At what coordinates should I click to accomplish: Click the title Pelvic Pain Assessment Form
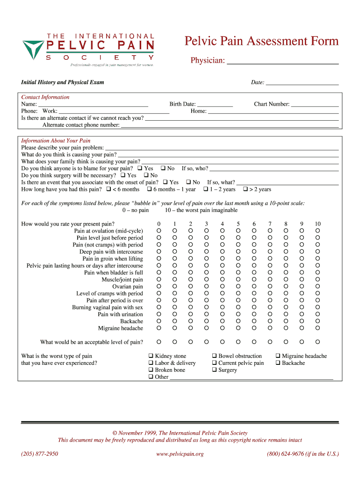tap(261, 42)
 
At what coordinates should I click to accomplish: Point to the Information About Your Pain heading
tap(56, 141)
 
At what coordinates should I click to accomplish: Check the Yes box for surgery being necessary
tap(122, 175)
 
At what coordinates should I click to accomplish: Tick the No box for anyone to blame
tap(164, 168)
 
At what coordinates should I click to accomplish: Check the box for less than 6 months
tap(108, 189)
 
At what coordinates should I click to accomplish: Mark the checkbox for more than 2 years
tap(245, 189)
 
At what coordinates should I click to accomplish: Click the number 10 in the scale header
tap(317, 224)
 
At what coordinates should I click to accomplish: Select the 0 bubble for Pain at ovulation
tap(159, 231)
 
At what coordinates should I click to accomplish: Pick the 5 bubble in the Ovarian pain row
tap(238, 286)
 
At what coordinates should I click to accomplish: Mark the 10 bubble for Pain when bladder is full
tap(317, 273)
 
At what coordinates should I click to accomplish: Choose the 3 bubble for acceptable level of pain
tap(206, 342)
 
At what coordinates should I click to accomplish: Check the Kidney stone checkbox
tap(151, 356)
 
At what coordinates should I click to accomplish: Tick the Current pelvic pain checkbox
tap(215, 363)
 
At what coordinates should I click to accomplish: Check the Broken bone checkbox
tap(151, 370)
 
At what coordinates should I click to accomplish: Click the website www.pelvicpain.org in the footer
tap(180, 454)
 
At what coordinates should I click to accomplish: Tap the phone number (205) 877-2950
tap(40, 454)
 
